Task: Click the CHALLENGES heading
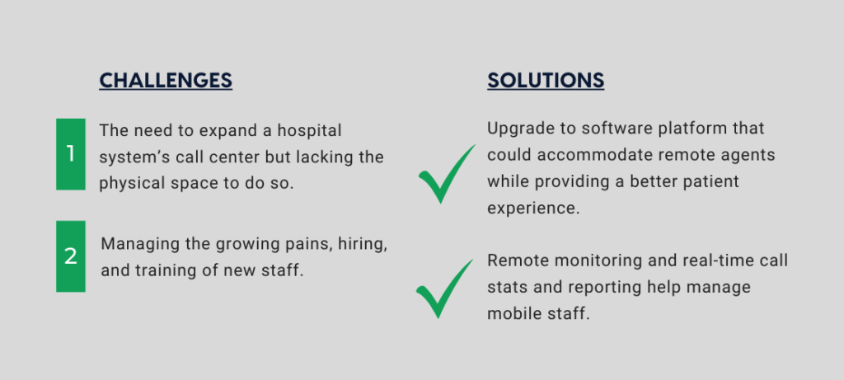pos(166,80)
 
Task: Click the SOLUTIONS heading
pos(546,80)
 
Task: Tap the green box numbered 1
pos(71,154)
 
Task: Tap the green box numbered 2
pos(71,256)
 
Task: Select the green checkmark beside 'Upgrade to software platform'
pos(447,174)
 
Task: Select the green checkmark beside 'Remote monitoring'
pos(444,289)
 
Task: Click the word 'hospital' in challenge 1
pos(310,131)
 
